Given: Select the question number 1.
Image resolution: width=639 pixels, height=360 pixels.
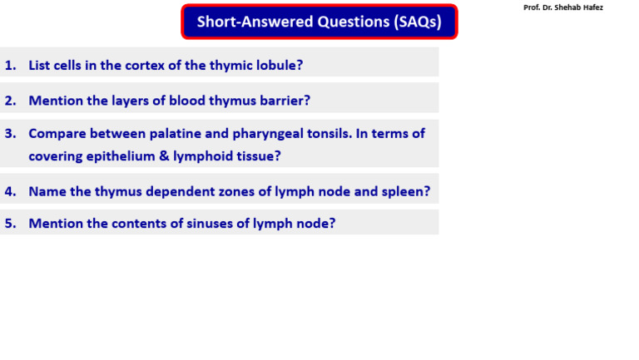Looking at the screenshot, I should [10, 65].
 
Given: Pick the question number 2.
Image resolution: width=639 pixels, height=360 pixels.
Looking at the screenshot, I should [10, 101].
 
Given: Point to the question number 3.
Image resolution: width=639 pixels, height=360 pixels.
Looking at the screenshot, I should [10, 133].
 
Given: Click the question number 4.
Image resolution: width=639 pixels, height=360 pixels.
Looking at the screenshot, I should [10, 191].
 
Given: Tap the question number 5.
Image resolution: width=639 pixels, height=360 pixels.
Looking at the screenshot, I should [10, 223].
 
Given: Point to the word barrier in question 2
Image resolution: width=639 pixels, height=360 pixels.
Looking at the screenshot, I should [282, 101].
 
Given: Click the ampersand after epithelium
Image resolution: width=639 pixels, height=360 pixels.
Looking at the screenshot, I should [161, 155].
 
